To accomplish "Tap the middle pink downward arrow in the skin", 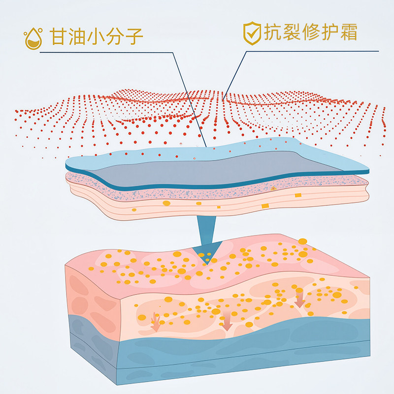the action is coord(227,323).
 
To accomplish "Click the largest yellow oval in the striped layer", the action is coord(166,202).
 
